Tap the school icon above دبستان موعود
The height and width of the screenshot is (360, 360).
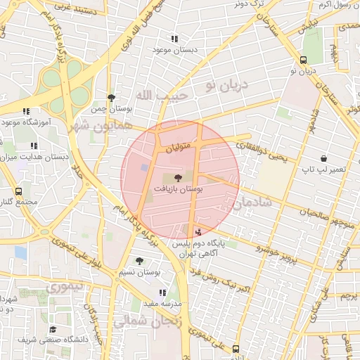point(174,39)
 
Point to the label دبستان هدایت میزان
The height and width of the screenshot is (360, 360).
point(35,157)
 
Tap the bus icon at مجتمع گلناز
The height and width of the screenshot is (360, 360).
point(18,191)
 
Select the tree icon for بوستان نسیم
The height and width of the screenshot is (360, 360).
point(139,261)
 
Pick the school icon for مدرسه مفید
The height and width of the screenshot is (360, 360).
point(163,292)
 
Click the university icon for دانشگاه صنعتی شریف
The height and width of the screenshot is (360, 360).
point(53,329)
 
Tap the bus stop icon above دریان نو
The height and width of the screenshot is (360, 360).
point(303,60)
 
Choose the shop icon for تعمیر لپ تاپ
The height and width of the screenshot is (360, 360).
point(323,159)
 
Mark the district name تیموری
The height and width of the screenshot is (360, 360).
point(65,288)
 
